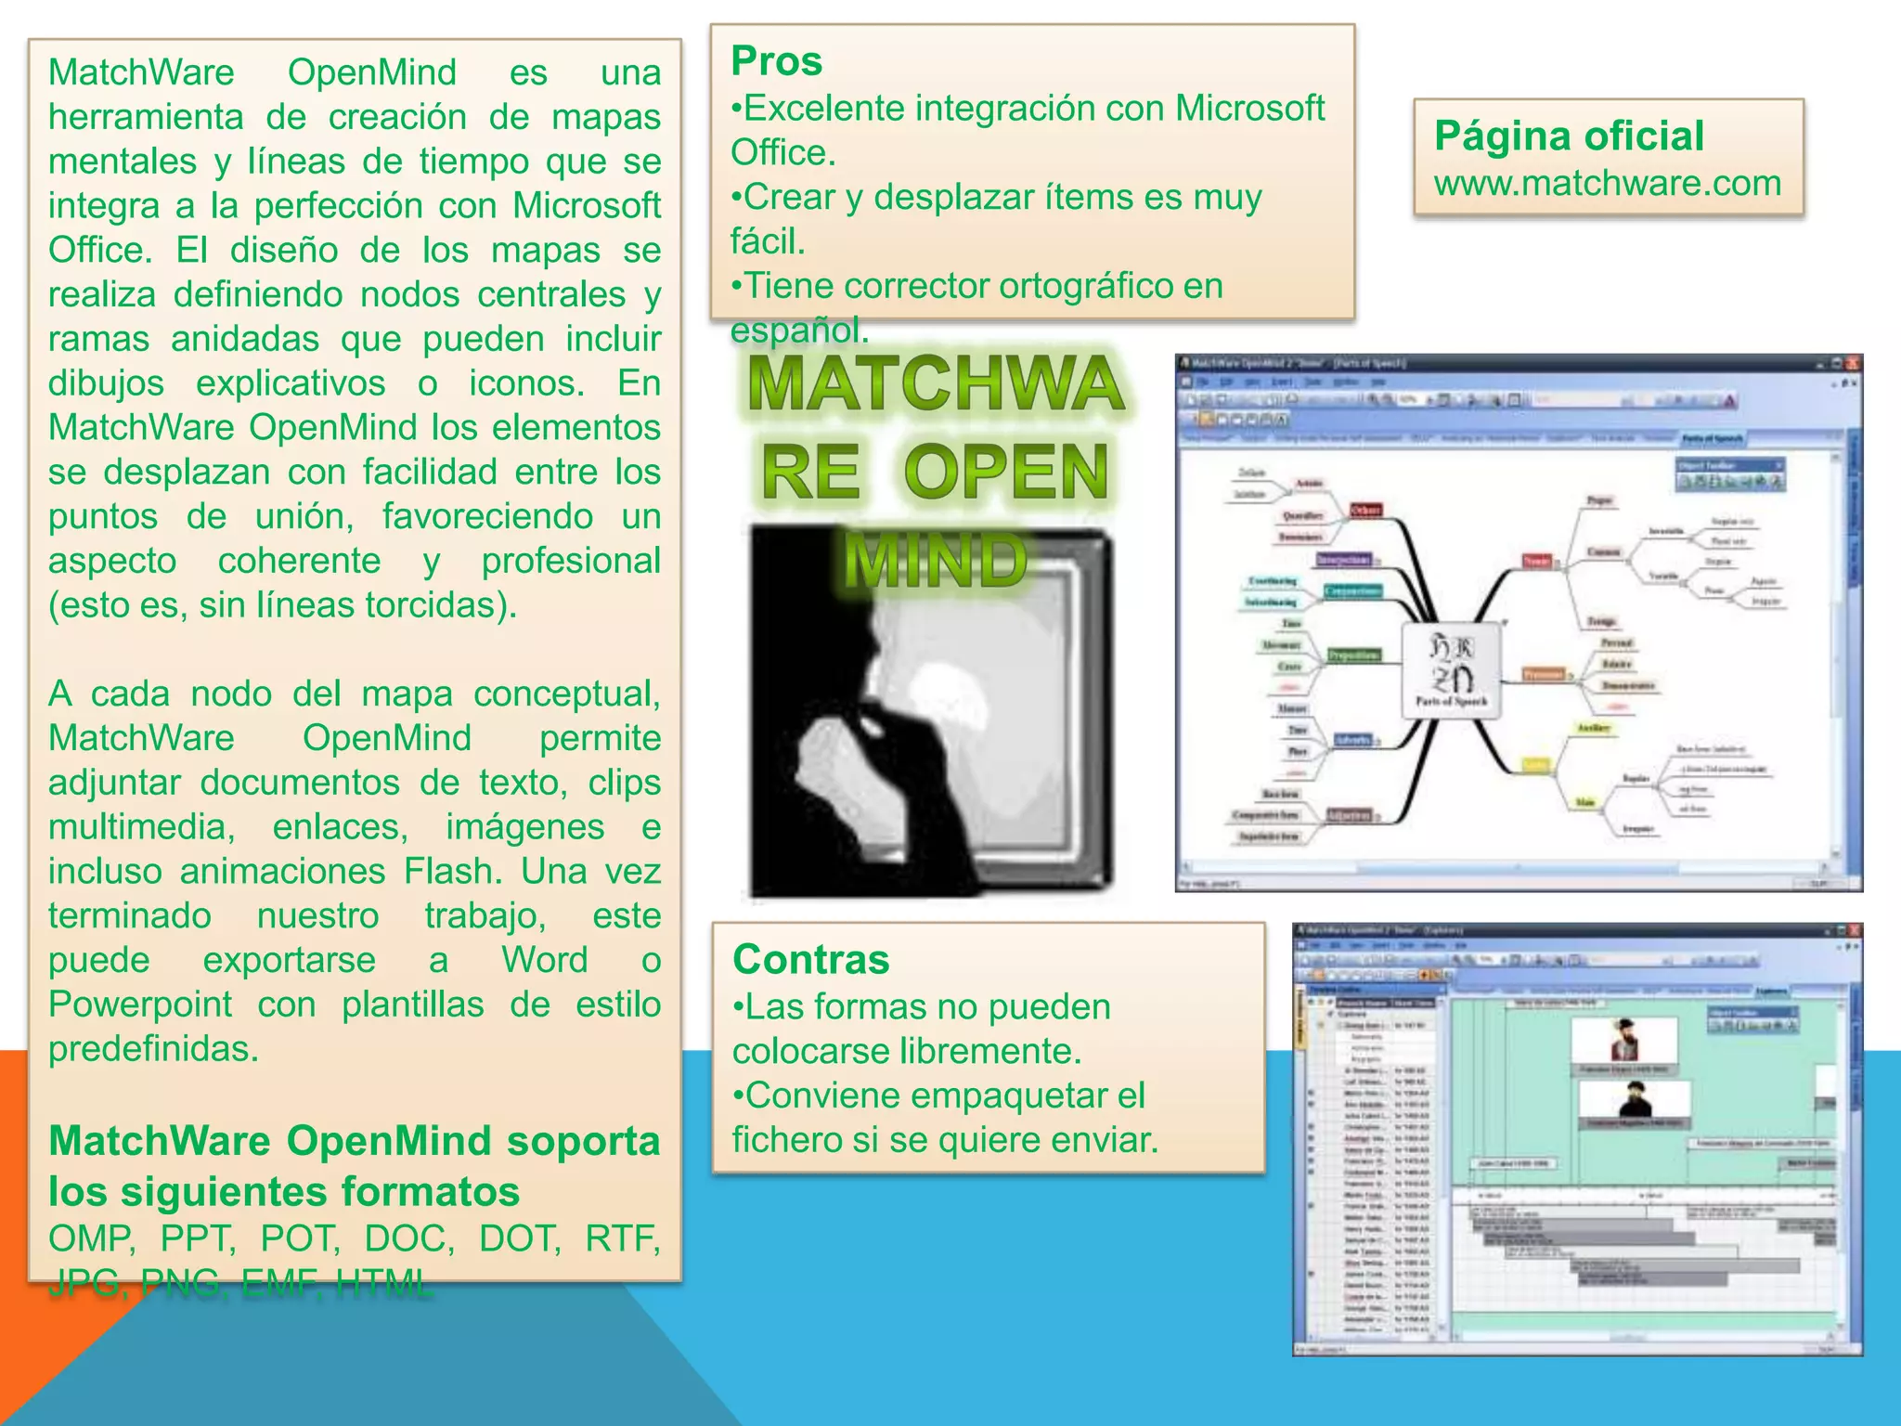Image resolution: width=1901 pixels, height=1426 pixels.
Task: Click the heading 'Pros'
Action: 776,61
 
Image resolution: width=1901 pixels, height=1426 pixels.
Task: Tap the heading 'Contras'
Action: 810,960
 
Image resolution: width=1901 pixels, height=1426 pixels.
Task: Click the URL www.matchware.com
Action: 1607,183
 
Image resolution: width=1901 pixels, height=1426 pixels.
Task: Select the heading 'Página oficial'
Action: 1569,136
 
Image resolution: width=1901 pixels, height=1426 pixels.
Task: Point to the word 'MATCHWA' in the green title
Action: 935,383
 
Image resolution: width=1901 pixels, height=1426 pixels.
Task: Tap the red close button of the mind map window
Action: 1853,363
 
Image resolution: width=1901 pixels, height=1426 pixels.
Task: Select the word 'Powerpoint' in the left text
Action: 140,1005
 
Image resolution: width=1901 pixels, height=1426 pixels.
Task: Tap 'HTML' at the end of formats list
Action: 383,1284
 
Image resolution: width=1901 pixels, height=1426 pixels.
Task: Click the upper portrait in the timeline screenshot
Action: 1623,1040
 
